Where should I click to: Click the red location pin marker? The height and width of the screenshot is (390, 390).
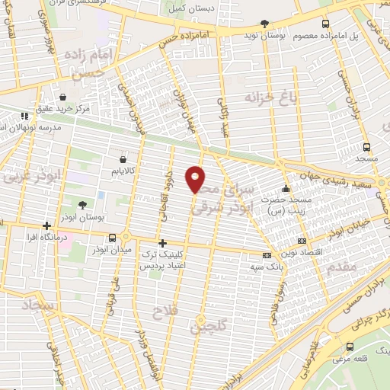pos(196,178)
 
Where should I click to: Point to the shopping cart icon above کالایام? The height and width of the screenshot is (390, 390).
pos(122,159)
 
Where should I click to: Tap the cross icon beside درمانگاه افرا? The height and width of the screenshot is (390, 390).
pos(47,226)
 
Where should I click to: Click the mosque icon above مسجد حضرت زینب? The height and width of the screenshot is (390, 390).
pos(286,188)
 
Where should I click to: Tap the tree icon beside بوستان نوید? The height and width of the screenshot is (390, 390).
pos(264,24)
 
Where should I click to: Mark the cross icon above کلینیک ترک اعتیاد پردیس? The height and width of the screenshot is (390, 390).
pos(161,243)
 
